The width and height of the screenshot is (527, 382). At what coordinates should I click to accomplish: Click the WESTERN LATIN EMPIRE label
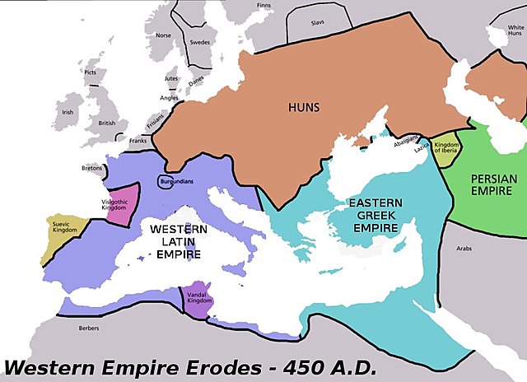coord(184,240)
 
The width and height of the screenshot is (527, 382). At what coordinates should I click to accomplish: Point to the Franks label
coord(138,141)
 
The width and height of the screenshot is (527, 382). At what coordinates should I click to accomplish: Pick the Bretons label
coord(91,169)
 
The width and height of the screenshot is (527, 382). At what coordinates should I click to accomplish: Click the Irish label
coord(68,112)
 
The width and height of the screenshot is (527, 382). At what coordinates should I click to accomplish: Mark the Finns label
coord(263,6)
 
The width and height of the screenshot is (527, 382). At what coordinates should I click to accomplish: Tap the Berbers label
coord(89,328)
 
